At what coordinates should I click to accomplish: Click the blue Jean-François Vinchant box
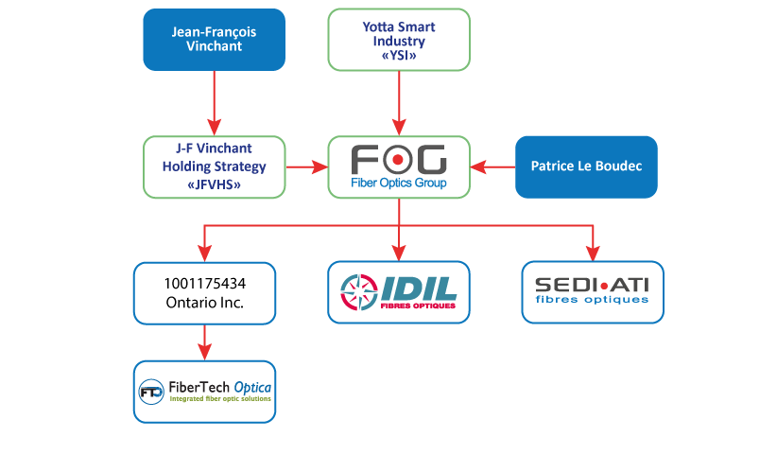[x=214, y=40]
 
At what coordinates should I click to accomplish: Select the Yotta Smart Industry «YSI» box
[x=399, y=40]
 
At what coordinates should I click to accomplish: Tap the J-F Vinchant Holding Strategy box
[x=214, y=166]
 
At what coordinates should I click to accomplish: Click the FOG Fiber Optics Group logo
[x=399, y=166]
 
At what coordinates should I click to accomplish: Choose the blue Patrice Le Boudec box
[x=585, y=166]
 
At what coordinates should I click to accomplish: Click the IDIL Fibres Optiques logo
[x=399, y=292]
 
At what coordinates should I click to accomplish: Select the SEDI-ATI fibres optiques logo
[x=593, y=292]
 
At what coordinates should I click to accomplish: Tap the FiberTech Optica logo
[x=204, y=391]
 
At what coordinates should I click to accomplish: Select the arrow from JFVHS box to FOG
[x=305, y=166]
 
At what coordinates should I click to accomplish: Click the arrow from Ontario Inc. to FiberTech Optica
[x=204, y=341]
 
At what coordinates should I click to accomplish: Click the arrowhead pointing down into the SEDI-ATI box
[x=593, y=253]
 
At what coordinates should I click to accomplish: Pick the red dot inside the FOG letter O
[x=399, y=158]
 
